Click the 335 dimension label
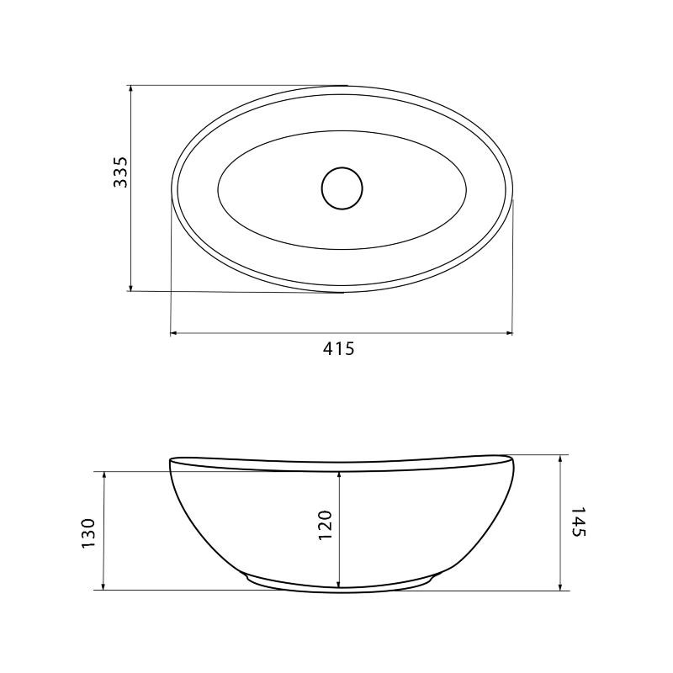tap(120, 172)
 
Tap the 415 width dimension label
tap(339, 348)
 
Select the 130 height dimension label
tap(88, 533)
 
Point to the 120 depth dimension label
tap(325, 525)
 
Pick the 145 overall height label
tap(579, 522)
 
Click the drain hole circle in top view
tap(342, 188)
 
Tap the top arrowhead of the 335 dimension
tap(131, 89)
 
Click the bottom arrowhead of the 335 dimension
tap(131, 287)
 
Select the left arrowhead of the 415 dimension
tap(175, 332)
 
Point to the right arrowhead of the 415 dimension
tap(508, 332)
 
